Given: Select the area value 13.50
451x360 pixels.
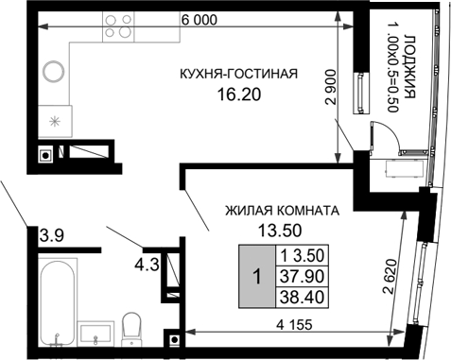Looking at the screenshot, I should [280, 229].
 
